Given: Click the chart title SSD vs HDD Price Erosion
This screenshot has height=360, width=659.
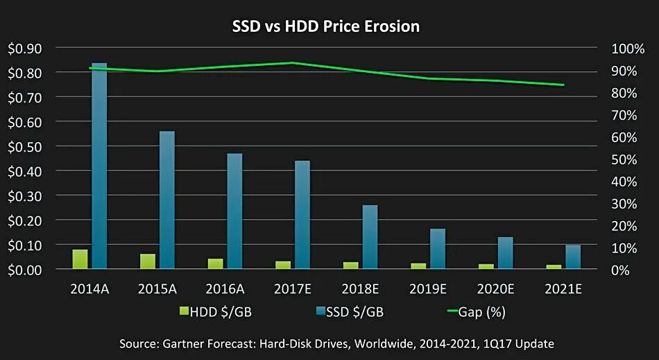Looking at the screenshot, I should [325, 27].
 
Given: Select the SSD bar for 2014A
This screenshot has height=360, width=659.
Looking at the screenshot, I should [99, 165].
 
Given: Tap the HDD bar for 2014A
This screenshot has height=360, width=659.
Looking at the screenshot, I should [80, 259].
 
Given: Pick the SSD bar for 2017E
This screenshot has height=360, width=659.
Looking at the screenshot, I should [302, 215].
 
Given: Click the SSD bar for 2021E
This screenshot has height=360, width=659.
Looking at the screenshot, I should [573, 257].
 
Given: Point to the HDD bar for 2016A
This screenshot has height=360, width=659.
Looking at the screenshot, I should [215, 264].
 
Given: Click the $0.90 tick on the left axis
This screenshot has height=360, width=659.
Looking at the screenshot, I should [25, 48].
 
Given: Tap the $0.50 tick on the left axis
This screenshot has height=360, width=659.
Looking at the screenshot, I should [25, 146].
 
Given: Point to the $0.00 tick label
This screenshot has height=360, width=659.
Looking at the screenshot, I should [25, 270].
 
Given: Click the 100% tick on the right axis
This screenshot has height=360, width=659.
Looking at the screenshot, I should [628, 49].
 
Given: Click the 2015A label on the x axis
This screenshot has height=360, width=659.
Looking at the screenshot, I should [157, 288].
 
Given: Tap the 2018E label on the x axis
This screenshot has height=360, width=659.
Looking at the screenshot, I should [360, 288].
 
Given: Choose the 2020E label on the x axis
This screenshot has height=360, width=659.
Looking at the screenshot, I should [495, 288].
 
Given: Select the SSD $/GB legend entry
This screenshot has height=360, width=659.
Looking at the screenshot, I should [350, 311].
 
